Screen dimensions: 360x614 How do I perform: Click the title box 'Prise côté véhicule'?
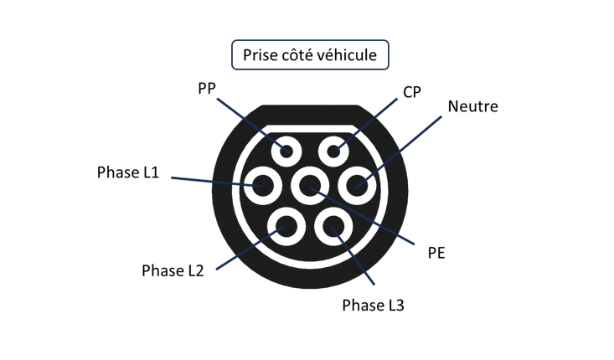pyautogui.click(x=310, y=55)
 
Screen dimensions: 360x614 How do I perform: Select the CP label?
pyautogui.click(x=412, y=91)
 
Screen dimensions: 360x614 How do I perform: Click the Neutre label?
pyautogui.click(x=472, y=107)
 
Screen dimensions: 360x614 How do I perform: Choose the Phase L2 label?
pyautogui.click(x=173, y=270)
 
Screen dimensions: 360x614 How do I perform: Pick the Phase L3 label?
pyautogui.click(x=373, y=305)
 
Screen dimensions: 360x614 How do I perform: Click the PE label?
pyautogui.click(x=436, y=251)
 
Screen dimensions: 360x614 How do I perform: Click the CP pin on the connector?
pyautogui.click(x=334, y=151)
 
